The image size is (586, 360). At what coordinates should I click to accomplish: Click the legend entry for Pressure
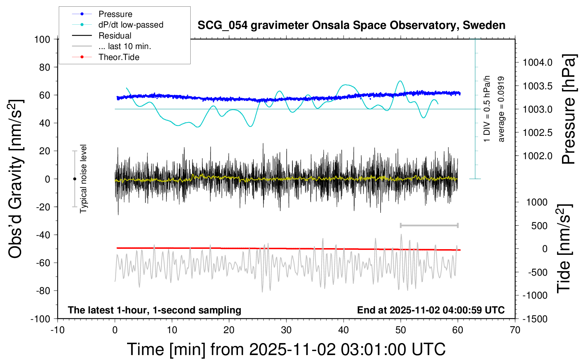click(x=115, y=14)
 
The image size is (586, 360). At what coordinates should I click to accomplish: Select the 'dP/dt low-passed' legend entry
click(x=131, y=25)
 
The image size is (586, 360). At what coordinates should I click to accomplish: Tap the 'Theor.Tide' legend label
click(x=119, y=57)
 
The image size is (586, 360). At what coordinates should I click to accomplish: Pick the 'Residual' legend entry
click(x=115, y=36)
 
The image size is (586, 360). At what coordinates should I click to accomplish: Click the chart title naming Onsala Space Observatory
click(x=351, y=25)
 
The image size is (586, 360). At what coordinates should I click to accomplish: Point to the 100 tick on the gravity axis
click(x=42, y=39)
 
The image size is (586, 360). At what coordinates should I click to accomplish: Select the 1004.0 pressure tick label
click(x=537, y=62)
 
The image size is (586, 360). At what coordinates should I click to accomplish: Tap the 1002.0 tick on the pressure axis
click(x=537, y=156)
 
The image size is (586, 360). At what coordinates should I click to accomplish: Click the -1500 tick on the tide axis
click(x=535, y=319)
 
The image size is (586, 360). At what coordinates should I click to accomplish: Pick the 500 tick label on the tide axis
click(x=539, y=226)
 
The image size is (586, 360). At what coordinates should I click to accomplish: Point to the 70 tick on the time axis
click(x=515, y=330)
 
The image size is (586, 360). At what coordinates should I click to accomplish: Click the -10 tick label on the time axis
click(x=57, y=330)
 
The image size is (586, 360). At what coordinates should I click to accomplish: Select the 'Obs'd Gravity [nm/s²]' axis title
click(x=16, y=179)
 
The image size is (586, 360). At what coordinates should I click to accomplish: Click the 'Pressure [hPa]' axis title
click(x=568, y=109)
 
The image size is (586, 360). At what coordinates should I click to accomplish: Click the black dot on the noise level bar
click(x=74, y=179)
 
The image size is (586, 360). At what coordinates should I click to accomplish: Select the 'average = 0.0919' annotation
click(x=501, y=109)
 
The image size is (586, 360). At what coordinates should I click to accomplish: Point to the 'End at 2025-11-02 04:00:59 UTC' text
click(x=431, y=310)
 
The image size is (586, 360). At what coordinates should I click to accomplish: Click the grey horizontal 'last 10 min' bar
click(x=429, y=226)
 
